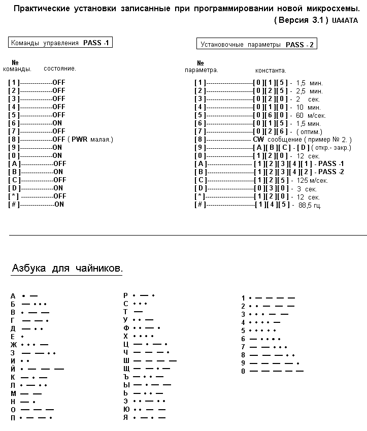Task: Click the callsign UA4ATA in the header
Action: (345, 21)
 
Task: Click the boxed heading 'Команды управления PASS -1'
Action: (60, 43)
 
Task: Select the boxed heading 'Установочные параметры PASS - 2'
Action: (257, 44)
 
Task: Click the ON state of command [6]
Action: (57, 123)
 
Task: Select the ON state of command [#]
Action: (59, 204)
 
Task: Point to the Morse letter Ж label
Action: (14, 345)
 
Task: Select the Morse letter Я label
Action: (126, 417)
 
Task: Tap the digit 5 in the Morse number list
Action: (243, 330)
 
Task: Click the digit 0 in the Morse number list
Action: (243, 371)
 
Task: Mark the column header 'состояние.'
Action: (60, 69)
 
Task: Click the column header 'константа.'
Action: (271, 71)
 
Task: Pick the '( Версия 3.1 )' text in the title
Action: (301, 20)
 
